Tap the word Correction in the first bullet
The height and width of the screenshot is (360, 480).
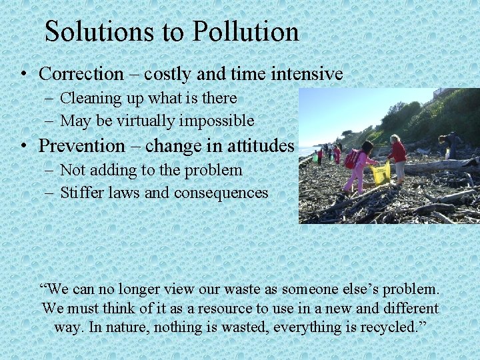click(x=81, y=74)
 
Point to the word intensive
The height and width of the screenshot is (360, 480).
click(x=307, y=74)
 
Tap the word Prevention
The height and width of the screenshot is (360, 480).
click(x=82, y=145)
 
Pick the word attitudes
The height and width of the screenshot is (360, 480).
click(x=257, y=145)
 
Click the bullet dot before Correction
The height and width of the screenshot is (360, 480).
click(x=23, y=75)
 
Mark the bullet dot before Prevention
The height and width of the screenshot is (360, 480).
click(x=23, y=146)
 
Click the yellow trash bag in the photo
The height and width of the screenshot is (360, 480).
click(x=381, y=173)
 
